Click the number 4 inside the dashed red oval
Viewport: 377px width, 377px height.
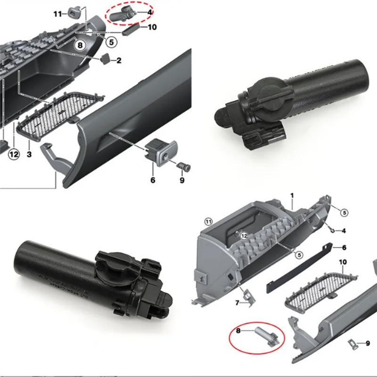click(x=150, y=12)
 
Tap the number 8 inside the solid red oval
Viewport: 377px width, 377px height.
click(x=238, y=331)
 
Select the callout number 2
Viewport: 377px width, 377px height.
click(x=119, y=60)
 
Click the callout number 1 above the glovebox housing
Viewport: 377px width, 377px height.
click(x=292, y=195)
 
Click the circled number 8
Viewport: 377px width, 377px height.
click(x=80, y=46)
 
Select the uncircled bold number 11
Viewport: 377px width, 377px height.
click(x=57, y=14)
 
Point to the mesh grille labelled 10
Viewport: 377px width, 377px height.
click(x=320, y=287)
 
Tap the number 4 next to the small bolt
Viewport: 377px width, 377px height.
click(x=344, y=230)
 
